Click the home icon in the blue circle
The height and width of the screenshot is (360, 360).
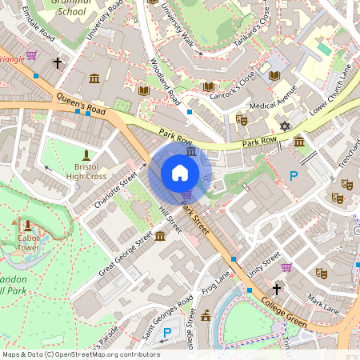tap(180, 173)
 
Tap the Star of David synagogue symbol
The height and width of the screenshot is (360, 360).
tap(284, 126)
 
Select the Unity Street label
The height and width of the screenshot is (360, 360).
tap(263, 265)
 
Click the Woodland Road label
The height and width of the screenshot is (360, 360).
tap(164, 84)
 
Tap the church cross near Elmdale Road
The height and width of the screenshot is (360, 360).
tap(57, 62)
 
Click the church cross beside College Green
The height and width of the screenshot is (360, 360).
tap(277, 289)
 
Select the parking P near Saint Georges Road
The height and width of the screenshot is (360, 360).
tap(167, 332)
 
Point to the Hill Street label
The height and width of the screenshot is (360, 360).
tap(170, 218)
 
